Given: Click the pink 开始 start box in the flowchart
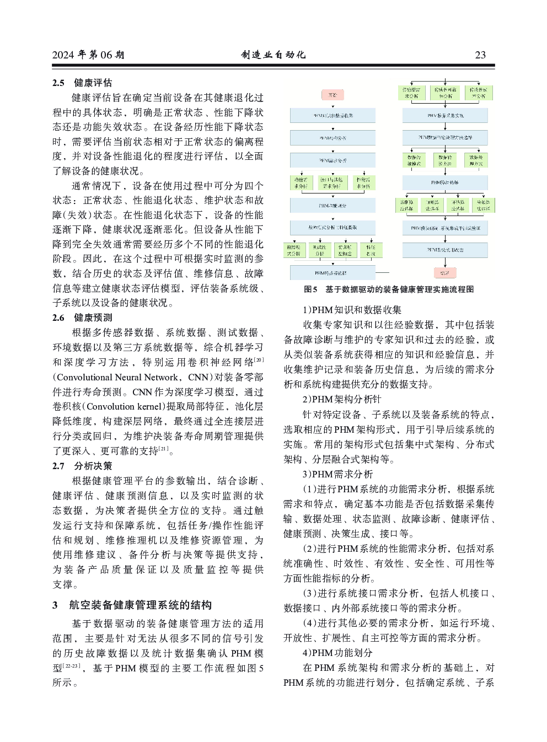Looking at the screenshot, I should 333,95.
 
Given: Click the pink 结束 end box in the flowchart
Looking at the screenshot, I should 445,272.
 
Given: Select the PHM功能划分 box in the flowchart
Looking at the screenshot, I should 333,206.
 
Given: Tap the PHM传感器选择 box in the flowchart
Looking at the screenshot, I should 333,272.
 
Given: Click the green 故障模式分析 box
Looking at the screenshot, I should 294,250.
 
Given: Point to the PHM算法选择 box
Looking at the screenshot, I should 445,182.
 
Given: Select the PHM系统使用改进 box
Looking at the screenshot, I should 445,250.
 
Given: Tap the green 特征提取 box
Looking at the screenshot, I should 371,250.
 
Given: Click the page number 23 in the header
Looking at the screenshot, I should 480,55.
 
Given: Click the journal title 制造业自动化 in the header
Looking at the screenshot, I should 273,55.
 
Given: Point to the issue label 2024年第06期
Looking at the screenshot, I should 88,55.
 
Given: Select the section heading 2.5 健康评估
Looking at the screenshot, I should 82,83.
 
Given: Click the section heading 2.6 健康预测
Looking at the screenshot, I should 82,318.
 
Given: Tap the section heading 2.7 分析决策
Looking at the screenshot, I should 82,466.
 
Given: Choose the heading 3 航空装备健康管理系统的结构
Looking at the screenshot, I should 132,605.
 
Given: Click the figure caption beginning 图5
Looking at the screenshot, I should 389,289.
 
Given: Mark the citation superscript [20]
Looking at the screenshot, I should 259,360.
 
